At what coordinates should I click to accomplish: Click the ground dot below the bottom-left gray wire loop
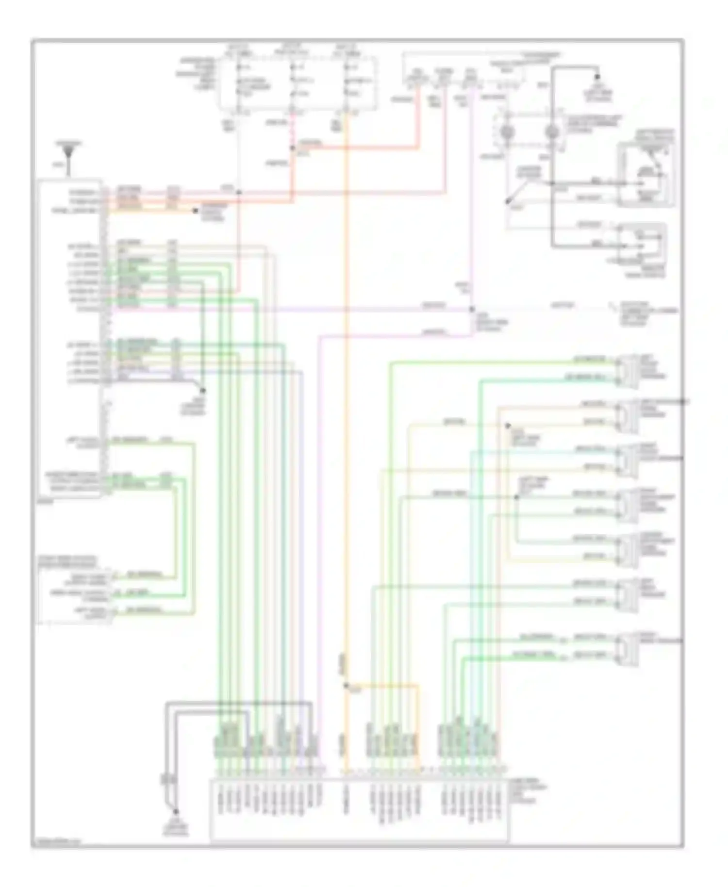tap(176, 812)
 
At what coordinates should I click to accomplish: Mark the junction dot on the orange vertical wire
tap(346, 686)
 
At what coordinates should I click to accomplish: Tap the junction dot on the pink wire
tap(472, 309)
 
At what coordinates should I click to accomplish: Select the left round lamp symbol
tap(508, 131)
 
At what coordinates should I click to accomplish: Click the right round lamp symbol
tap(552, 131)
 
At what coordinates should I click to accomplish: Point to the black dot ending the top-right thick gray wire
tap(598, 77)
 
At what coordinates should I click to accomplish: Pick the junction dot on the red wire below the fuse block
tap(293, 148)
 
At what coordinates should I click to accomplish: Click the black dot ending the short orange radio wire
tap(195, 211)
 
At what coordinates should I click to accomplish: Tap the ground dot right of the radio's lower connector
tap(203, 391)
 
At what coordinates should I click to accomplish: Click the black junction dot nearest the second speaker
tap(508, 426)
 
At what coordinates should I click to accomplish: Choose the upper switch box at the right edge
tap(646, 175)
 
